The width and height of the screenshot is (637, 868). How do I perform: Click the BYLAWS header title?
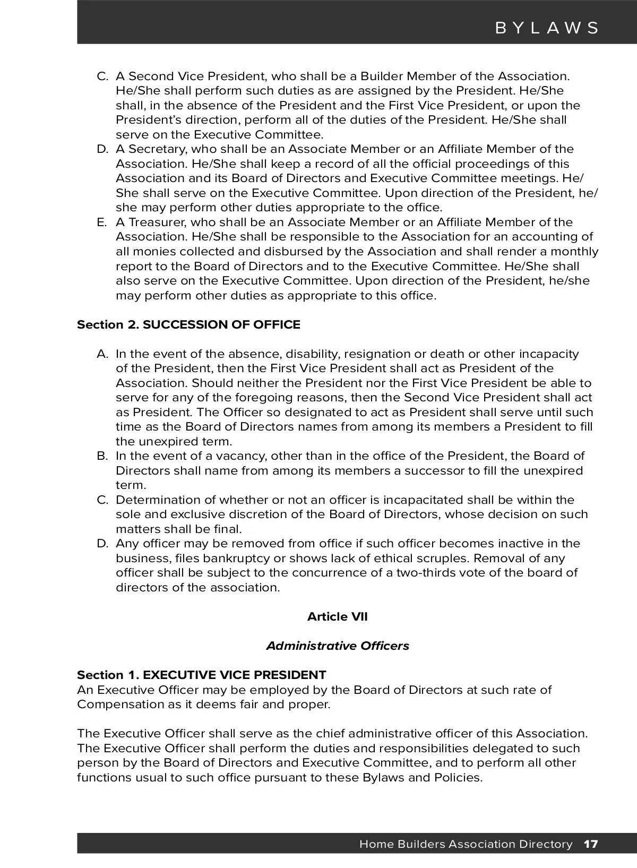pos(547,28)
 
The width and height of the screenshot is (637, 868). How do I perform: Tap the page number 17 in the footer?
pos(591,844)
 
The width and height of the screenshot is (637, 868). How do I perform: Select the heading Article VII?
pos(337,616)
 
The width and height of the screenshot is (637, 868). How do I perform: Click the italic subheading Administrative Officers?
pos(337,646)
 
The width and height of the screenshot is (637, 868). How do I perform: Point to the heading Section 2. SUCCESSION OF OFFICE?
pos(188,324)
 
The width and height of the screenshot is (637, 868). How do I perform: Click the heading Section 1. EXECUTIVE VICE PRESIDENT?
pos(201,675)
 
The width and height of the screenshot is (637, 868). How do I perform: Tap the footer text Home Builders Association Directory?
pos(466,844)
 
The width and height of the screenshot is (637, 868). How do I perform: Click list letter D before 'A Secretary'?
pos(102,149)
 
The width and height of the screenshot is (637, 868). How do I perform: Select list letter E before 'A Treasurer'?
pos(102,222)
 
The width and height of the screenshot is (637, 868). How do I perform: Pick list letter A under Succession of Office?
pos(102,354)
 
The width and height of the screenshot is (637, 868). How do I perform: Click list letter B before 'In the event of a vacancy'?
pos(102,456)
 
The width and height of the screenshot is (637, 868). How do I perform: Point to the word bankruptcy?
pos(237,558)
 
